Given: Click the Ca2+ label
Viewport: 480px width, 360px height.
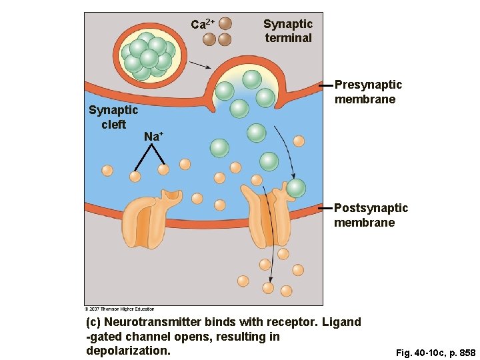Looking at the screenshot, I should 202,25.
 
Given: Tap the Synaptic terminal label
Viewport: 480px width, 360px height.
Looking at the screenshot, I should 287,31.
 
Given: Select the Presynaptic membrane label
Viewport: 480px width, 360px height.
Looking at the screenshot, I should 368,92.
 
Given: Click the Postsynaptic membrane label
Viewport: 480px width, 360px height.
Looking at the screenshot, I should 371,215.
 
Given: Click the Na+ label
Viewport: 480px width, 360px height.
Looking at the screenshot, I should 153,137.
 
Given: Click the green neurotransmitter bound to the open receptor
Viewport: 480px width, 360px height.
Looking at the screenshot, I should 295,189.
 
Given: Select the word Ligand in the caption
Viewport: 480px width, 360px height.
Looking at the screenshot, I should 341,323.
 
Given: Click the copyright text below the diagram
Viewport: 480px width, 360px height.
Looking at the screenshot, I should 119,309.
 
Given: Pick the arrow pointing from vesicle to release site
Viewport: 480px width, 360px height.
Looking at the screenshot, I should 199,65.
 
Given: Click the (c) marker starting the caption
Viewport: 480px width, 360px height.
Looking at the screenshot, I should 94,323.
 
